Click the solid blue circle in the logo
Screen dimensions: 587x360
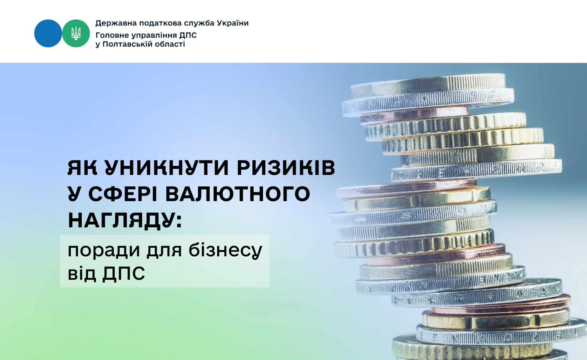(48, 33)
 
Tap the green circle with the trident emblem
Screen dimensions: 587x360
(76, 33)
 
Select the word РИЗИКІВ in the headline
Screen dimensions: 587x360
(286, 168)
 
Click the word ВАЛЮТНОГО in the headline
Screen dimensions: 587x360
(238, 194)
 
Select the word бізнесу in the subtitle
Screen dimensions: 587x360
(225, 251)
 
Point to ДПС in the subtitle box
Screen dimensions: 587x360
(123, 274)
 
